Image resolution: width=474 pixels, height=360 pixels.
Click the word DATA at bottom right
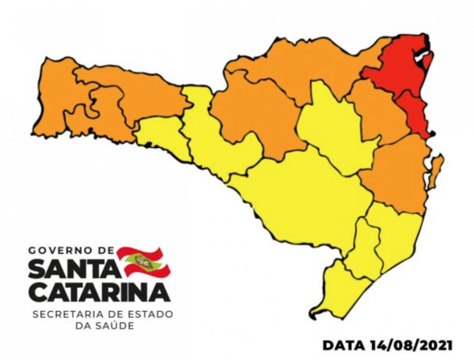tap(343, 345)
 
